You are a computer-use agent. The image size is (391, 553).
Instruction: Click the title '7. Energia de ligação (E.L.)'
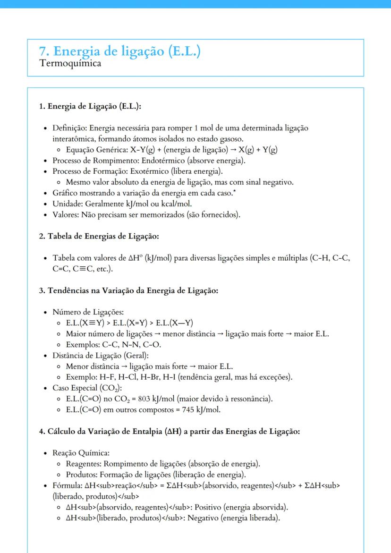(x=120, y=51)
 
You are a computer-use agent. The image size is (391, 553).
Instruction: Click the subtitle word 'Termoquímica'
(x=70, y=63)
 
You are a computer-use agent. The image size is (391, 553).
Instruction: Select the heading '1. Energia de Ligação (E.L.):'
(x=90, y=106)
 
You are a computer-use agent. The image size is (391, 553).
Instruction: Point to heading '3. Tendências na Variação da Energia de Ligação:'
(x=128, y=290)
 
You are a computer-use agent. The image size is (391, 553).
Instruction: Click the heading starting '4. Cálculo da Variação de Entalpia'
(x=170, y=431)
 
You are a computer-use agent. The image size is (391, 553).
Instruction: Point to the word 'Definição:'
(x=70, y=128)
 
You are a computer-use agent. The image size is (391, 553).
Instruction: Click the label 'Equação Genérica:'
(x=96, y=150)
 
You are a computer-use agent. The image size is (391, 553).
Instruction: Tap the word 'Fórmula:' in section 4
(x=67, y=486)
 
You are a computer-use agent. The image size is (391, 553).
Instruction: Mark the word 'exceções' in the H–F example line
(x=276, y=377)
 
